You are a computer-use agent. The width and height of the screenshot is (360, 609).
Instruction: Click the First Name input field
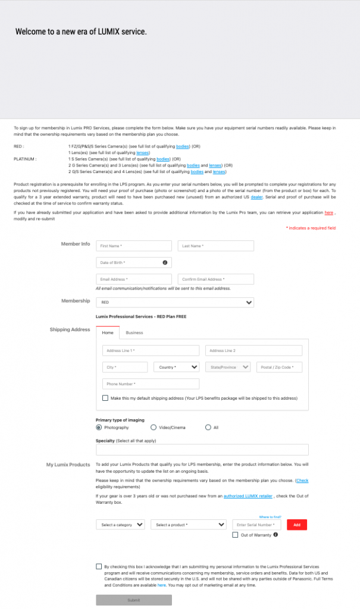134,246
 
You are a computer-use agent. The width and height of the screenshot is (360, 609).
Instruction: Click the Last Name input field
215,246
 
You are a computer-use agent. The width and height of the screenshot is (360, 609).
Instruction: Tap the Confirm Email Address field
215,279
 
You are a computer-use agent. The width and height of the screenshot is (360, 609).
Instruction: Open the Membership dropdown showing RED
174,302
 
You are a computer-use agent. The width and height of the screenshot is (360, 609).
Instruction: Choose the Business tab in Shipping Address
134,333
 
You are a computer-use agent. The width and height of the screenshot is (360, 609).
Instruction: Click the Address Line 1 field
151,350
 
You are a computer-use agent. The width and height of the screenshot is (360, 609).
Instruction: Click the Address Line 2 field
253,350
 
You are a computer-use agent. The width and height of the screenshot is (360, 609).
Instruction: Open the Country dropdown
177,367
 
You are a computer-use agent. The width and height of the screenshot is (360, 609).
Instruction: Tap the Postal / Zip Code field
279,367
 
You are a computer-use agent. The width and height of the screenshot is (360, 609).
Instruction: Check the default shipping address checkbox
105,398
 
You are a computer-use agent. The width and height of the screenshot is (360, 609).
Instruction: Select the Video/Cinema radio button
154,427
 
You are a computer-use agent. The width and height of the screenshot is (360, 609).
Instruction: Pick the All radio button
208,427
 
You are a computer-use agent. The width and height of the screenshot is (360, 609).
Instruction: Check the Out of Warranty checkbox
236,535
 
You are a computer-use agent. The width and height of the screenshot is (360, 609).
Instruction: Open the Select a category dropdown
120,525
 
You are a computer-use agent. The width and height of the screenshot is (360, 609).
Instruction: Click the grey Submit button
134,599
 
